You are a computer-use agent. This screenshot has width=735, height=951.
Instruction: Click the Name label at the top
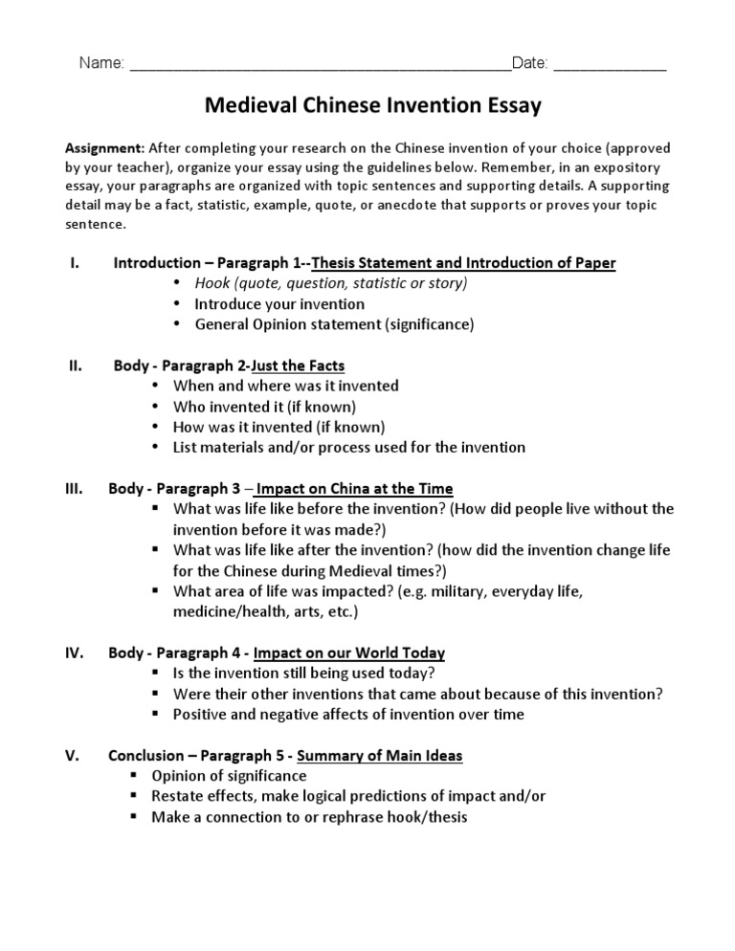point(100,63)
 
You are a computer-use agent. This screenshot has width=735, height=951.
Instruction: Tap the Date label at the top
point(530,63)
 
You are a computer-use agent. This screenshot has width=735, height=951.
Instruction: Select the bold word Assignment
point(103,148)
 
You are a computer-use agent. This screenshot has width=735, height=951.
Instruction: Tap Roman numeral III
point(75,488)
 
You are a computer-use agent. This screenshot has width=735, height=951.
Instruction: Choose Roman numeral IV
point(75,652)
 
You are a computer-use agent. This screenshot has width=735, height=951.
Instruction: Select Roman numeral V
point(71,755)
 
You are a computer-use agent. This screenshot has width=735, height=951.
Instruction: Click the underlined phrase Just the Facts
point(298,365)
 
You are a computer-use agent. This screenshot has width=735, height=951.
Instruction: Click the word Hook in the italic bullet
point(212,283)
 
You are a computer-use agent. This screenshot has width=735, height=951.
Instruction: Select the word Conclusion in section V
point(146,756)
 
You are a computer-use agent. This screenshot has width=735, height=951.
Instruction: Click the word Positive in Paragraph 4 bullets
point(203,714)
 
